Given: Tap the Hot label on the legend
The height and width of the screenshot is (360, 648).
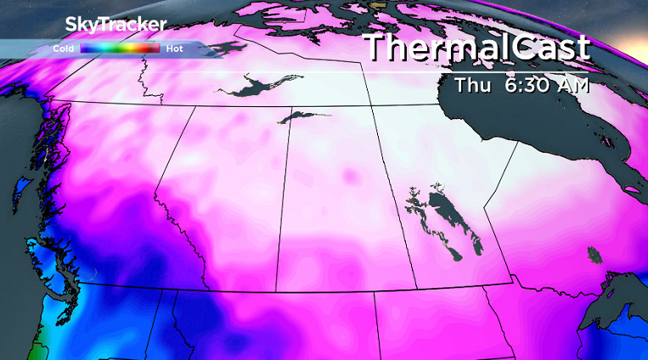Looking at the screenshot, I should (x=175, y=49).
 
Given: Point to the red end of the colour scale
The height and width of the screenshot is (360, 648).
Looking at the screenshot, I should (x=153, y=49).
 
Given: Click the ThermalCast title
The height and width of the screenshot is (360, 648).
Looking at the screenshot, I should (x=476, y=48).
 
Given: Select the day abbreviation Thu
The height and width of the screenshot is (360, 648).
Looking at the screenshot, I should (x=472, y=85).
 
